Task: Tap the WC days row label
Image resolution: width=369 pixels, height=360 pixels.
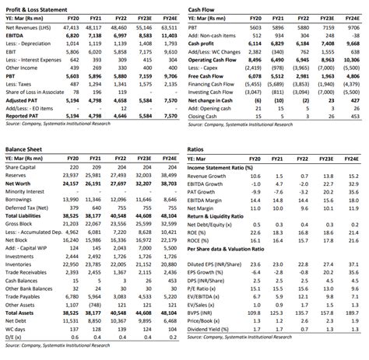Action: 16,331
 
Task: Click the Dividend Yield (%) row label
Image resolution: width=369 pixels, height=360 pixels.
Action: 211,330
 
